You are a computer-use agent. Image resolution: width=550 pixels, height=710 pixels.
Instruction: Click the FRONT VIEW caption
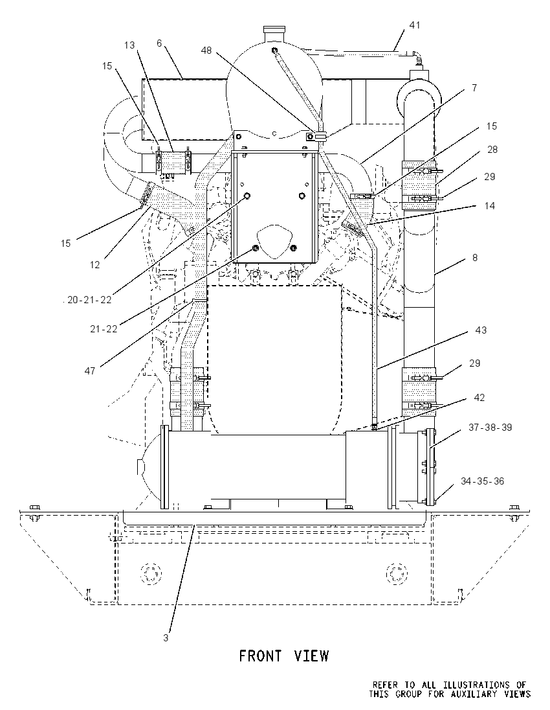point(283,655)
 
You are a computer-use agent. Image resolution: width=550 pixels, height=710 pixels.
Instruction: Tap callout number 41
point(414,25)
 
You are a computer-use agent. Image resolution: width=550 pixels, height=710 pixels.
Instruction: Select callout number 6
point(159,43)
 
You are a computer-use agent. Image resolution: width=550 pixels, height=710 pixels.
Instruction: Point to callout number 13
point(129,45)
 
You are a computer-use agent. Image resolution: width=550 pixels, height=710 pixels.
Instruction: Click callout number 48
point(206,51)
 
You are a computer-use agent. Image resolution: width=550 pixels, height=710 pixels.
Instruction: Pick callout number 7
point(474,88)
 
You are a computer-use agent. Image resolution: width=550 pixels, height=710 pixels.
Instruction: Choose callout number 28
point(492,149)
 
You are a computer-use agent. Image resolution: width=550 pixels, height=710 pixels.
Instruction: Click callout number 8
point(474,257)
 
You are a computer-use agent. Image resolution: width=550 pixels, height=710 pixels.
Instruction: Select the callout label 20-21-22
point(89,299)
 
